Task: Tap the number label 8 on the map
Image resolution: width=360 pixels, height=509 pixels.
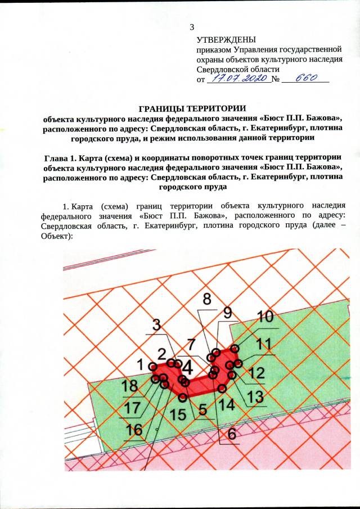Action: click(207, 299)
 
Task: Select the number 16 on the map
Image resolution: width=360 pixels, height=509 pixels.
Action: click(134, 430)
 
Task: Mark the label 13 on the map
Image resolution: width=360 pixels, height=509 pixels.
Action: click(255, 397)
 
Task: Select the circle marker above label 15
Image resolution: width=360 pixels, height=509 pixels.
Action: click(182, 397)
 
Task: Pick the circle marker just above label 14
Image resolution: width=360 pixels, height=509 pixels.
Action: click(223, 388)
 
